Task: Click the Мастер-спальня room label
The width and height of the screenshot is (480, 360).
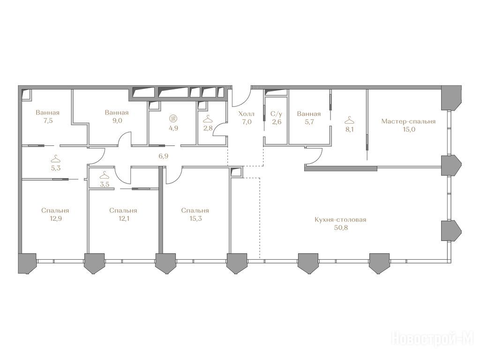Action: coord(408,121)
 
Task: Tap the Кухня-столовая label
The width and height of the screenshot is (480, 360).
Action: coord(340,220)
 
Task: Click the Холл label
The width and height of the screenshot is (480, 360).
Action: coord(247,114)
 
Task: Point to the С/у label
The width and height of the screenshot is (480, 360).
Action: coord(276,114)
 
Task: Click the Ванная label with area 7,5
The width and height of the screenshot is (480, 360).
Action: coord(47,112)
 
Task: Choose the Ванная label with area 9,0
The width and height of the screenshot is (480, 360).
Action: coord(117,112)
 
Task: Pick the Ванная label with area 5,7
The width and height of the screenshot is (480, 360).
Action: coord(309,114)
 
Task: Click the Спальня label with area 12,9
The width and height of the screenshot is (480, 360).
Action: coord(55,210)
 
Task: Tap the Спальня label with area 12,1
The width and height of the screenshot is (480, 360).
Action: coord(123,210)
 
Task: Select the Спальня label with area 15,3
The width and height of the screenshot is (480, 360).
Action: coord(195,210)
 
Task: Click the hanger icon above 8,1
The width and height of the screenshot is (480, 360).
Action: coord(349,120)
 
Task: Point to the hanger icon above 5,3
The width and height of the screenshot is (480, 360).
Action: coord(55,159)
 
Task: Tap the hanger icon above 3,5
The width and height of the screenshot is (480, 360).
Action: coord(105,175)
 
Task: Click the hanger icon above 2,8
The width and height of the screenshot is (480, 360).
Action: coord(208,118)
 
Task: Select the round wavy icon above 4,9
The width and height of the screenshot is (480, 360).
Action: coord(173,119)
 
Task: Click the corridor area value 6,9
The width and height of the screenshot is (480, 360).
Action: coord(163,156)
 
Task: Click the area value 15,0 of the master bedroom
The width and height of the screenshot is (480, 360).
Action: coord(409,129)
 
